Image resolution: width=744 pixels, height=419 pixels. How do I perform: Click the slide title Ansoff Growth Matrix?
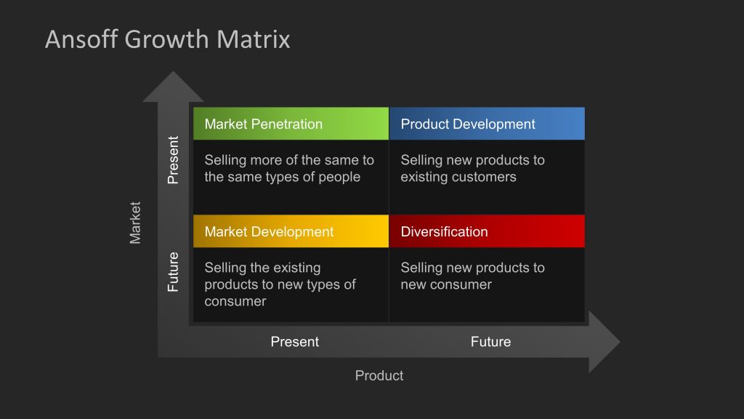click(167, 39)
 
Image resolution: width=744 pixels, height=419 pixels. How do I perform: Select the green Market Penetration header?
click(291, 124)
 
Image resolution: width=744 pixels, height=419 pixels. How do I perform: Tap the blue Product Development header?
click(487, 124)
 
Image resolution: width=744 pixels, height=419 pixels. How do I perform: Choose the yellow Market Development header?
click(291, 231)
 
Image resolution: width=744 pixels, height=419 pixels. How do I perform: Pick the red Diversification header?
click(487, 231)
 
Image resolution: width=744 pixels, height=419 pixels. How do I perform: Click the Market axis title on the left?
click(135, 223)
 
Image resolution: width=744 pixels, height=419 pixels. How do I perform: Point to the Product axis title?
click(379, 375)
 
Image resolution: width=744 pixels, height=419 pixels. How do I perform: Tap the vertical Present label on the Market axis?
click(173, 160)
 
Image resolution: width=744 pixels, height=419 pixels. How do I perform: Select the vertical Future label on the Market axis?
click(173, 271)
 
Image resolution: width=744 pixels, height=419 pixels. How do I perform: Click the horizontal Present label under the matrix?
click(294, 341)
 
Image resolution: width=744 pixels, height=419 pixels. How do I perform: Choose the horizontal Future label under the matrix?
click(490, 341)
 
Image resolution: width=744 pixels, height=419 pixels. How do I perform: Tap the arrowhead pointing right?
click(603, 342)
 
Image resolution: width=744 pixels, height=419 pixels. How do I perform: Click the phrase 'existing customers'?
click(458, 177)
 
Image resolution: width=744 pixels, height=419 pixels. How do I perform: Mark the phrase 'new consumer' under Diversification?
click(445, 284)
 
